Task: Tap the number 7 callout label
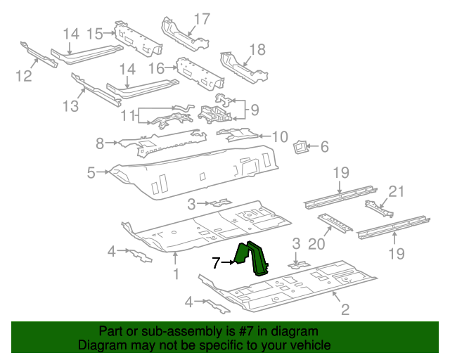coord(217,263)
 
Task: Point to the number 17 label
coord(202,19)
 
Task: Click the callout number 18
coord(257,49)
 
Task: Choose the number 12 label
coord(24,75)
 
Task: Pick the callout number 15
coord(94,33)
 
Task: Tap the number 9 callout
coord(254,109)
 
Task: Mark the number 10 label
coord(280,136)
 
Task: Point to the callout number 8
coord(100,143)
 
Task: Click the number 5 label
coord(91,172)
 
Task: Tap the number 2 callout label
coord(345,309)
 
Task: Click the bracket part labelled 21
coord(378,208)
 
